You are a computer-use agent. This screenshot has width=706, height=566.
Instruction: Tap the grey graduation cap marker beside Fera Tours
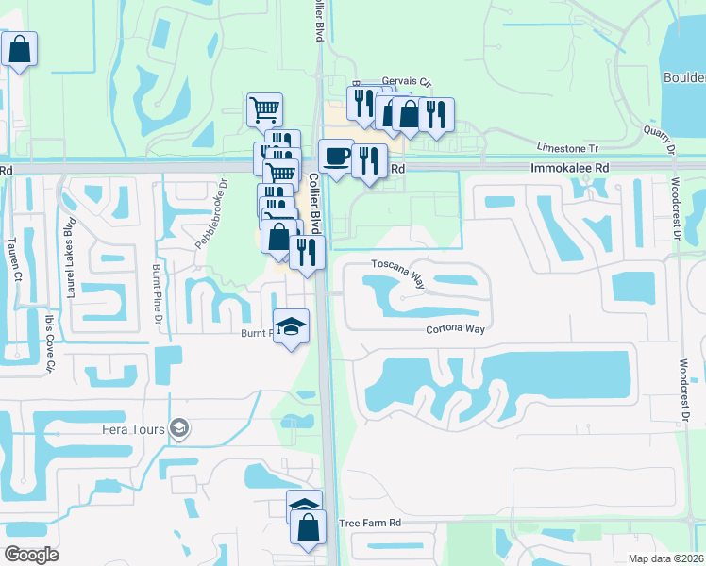178,430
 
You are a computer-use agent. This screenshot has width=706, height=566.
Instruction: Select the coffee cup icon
336,157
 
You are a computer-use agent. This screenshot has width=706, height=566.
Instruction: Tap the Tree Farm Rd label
370,523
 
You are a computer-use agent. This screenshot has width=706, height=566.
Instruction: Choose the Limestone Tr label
567,148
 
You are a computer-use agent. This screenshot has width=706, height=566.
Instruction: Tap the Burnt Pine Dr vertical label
156,294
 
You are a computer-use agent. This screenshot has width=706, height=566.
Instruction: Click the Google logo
31,555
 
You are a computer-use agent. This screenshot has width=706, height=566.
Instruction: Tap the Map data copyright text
665,558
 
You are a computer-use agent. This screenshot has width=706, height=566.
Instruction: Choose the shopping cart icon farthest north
265,109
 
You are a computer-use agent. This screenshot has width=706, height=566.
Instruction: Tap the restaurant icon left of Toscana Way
307,251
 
